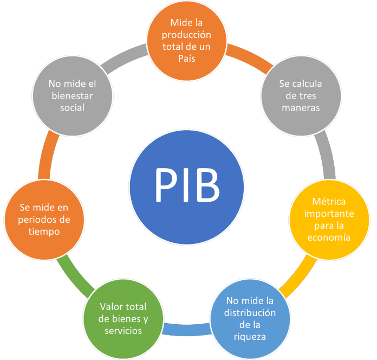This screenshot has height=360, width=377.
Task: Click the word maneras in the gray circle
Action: tap(300, 107)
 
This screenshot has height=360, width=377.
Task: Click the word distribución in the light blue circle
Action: tap(251, 313)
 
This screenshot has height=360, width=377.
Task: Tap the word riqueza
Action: tap(250, 337)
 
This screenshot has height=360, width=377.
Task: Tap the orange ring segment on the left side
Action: tap(43, 157)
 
